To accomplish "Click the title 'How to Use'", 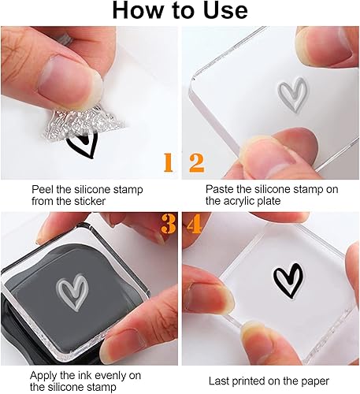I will [180, 11].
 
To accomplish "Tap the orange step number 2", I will [197, 163].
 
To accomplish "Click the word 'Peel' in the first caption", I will [43, 190].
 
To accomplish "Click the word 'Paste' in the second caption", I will [220, 190].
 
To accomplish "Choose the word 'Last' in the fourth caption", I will [220, 381].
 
